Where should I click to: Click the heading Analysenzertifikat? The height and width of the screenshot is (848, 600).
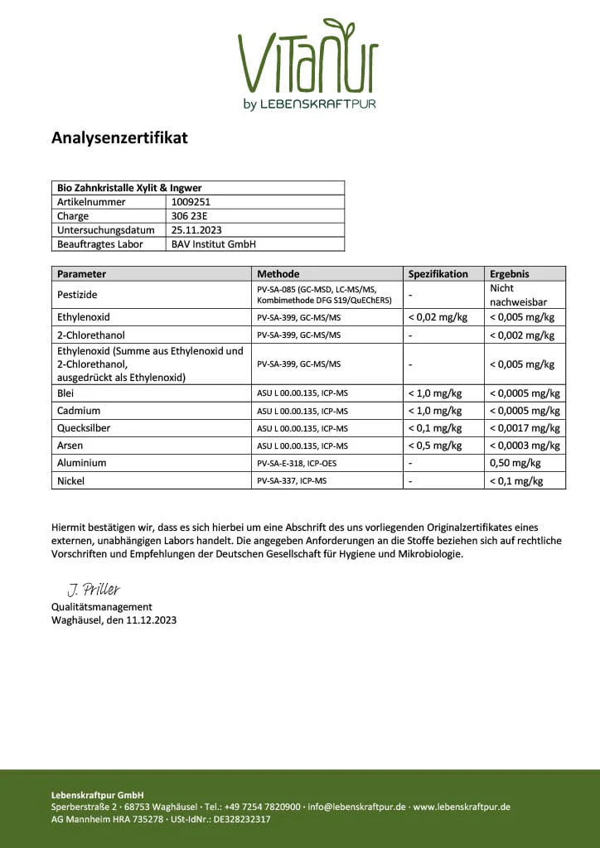[x=119, y=137]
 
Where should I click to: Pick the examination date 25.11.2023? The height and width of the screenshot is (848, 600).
[x=196, y=229]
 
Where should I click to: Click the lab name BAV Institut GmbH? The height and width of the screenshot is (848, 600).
[x=213, y=244]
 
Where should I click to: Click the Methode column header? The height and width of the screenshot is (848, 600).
[x=278, y=274]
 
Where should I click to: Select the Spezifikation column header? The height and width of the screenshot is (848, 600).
[x=438, y=274]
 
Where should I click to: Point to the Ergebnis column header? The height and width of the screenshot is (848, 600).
[x=510, y=274]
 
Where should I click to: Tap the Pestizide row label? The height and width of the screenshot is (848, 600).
[x=79, y=295]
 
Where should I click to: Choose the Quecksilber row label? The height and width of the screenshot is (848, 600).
[x=84, y=428]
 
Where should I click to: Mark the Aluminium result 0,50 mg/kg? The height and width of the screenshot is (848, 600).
[x=515, y=463]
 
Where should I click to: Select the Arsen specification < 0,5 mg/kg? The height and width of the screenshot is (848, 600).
[x=435, y=446]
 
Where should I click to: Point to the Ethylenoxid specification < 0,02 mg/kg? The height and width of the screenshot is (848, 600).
[x=438, y=317]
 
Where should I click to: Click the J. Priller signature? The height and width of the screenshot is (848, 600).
[x=94, y=590]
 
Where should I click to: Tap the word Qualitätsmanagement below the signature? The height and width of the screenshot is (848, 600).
[x=102, y=607]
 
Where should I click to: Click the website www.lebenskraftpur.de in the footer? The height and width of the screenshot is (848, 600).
[x=462, y=807]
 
